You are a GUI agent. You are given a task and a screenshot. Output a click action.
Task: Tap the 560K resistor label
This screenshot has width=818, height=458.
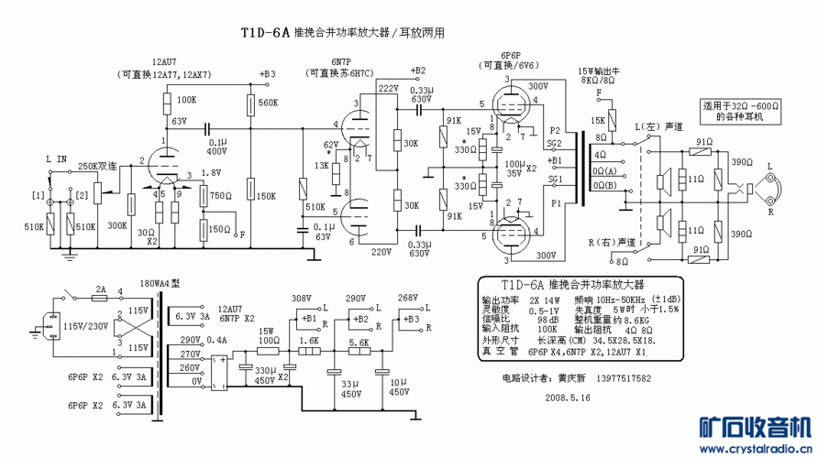pyautogui.click(x=269, y=103)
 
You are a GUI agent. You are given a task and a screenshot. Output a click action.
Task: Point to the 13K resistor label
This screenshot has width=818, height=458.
pyautogui.click(x=321, y=165)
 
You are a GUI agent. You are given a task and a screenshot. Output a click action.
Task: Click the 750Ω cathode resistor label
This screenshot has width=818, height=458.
pyautogui.click(x=220, y=195)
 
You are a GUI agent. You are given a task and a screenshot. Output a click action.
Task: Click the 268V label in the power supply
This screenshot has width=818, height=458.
pyautogui.click(x=409, y=298)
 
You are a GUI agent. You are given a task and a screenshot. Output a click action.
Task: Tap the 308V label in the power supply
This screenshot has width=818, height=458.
pyautogui.click(x=301, y=298)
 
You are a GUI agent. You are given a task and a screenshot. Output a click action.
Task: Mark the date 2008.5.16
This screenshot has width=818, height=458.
pyautogui.click(x=569, y=398)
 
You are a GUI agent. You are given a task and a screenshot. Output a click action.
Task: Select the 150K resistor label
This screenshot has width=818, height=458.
pyautogui.click(x=267, y=195)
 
